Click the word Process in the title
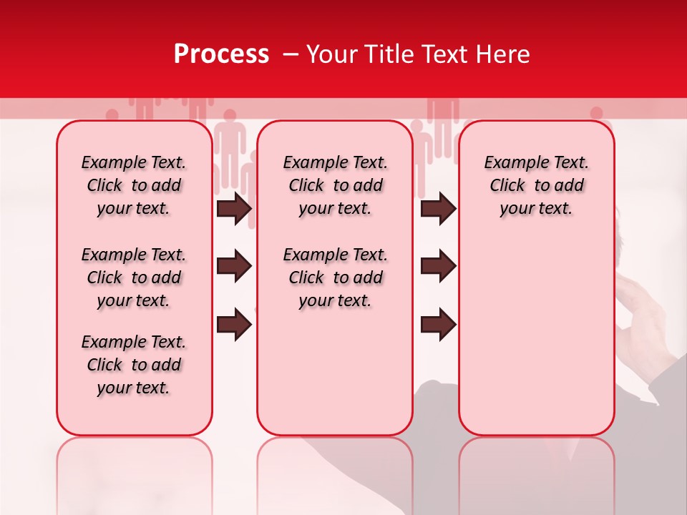click(x=221, y=54)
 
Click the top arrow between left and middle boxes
click(x=234, y=209)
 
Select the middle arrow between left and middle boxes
click(x=234, y=267)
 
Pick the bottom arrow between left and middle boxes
click(x=234, y=325)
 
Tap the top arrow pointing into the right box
click(x=438, y=209)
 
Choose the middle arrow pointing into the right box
click(x=438, y=267)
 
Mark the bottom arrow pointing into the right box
click(x=438, y=325)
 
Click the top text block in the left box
click(x=134, y=185)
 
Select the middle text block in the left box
click(x=134, y=278)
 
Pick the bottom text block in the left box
click(x=134, y=365)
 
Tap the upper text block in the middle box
click(x=335, y=185)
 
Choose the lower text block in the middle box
click(x=335, y=278)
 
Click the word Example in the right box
click(x=511, y=163)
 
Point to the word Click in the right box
click(x=507, y=186)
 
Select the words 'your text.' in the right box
click(x=536, y=209)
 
